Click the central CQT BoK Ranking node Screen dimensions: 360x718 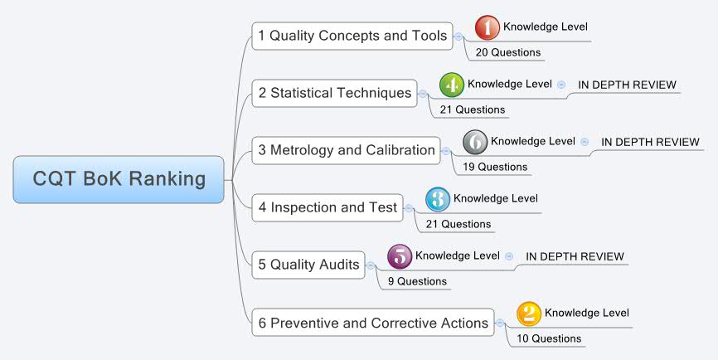click(119, 179)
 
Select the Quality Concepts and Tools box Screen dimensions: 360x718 click(352, 36)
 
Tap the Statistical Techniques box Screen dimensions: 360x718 click(334, 93)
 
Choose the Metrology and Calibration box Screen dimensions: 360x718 click(347, 150)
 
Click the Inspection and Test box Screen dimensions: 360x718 click(327, 207)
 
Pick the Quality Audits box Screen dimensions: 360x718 click(308, 265)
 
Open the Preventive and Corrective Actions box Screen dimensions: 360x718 click(372, 323)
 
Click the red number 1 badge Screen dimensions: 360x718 click(488, 27)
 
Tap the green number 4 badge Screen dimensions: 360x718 click(452, 85)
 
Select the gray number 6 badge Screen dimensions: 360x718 click(475, 142)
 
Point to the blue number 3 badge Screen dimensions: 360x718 click(438, 199)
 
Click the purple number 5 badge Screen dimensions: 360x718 click(400, 256)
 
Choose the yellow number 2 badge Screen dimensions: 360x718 click(529, 314)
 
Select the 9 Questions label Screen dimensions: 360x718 click(417, 281)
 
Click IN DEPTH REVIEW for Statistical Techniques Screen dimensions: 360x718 click(627, 85)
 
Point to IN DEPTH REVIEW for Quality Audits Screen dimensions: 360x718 click(575, 256)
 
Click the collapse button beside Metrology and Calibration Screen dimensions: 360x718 click(446, 151)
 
